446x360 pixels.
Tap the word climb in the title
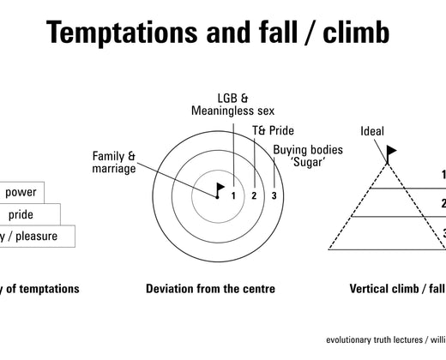353,32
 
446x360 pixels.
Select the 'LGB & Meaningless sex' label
226,104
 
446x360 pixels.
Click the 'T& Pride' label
273,130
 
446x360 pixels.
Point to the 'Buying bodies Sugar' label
308,156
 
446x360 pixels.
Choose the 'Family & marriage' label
114,162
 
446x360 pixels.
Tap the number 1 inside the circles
233,196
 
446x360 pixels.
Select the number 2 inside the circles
254,196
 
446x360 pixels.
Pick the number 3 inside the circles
274,196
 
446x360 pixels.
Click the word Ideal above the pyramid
372,131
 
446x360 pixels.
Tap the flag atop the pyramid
391,153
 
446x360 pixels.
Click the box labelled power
21,193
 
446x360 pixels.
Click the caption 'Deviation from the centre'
210,289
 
